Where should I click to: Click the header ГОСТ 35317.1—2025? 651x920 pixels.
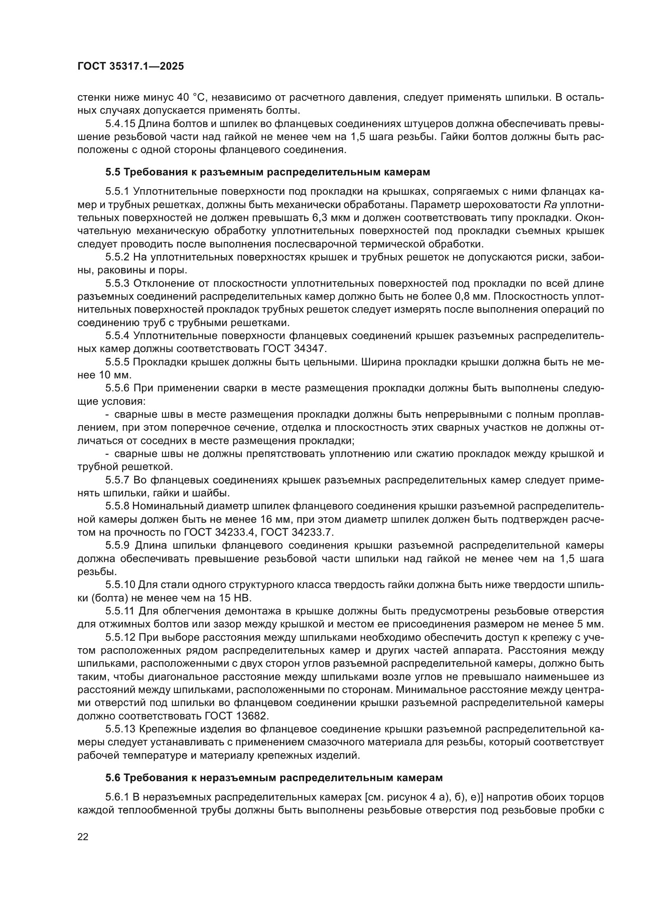point(131,66)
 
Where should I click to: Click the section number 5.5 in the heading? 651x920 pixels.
point(113,172)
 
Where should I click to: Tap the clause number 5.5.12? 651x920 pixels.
point(120,638)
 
